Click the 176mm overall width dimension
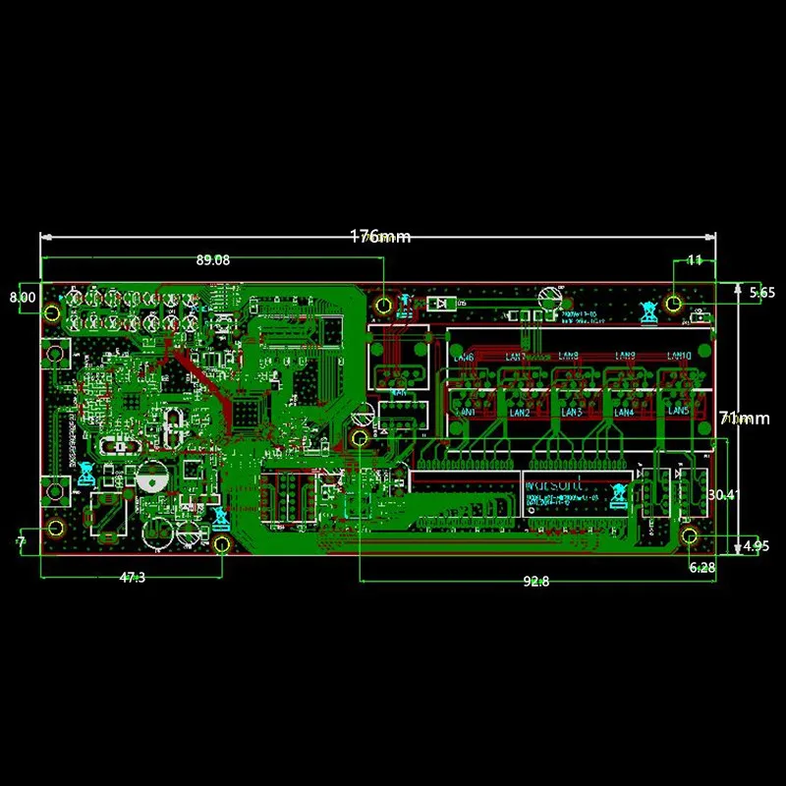[380, 237]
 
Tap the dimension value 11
[694, 260]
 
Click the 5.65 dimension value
[762, 292]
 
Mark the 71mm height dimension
[744, 419]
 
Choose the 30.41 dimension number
[721, 494]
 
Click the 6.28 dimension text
[702, 567]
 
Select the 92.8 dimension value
[535, 582]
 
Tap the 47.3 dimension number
[132, 578]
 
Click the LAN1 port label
[469, 413]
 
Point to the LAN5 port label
[680, 413]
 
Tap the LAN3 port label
[572, 413]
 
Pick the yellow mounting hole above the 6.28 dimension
[690, 535]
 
